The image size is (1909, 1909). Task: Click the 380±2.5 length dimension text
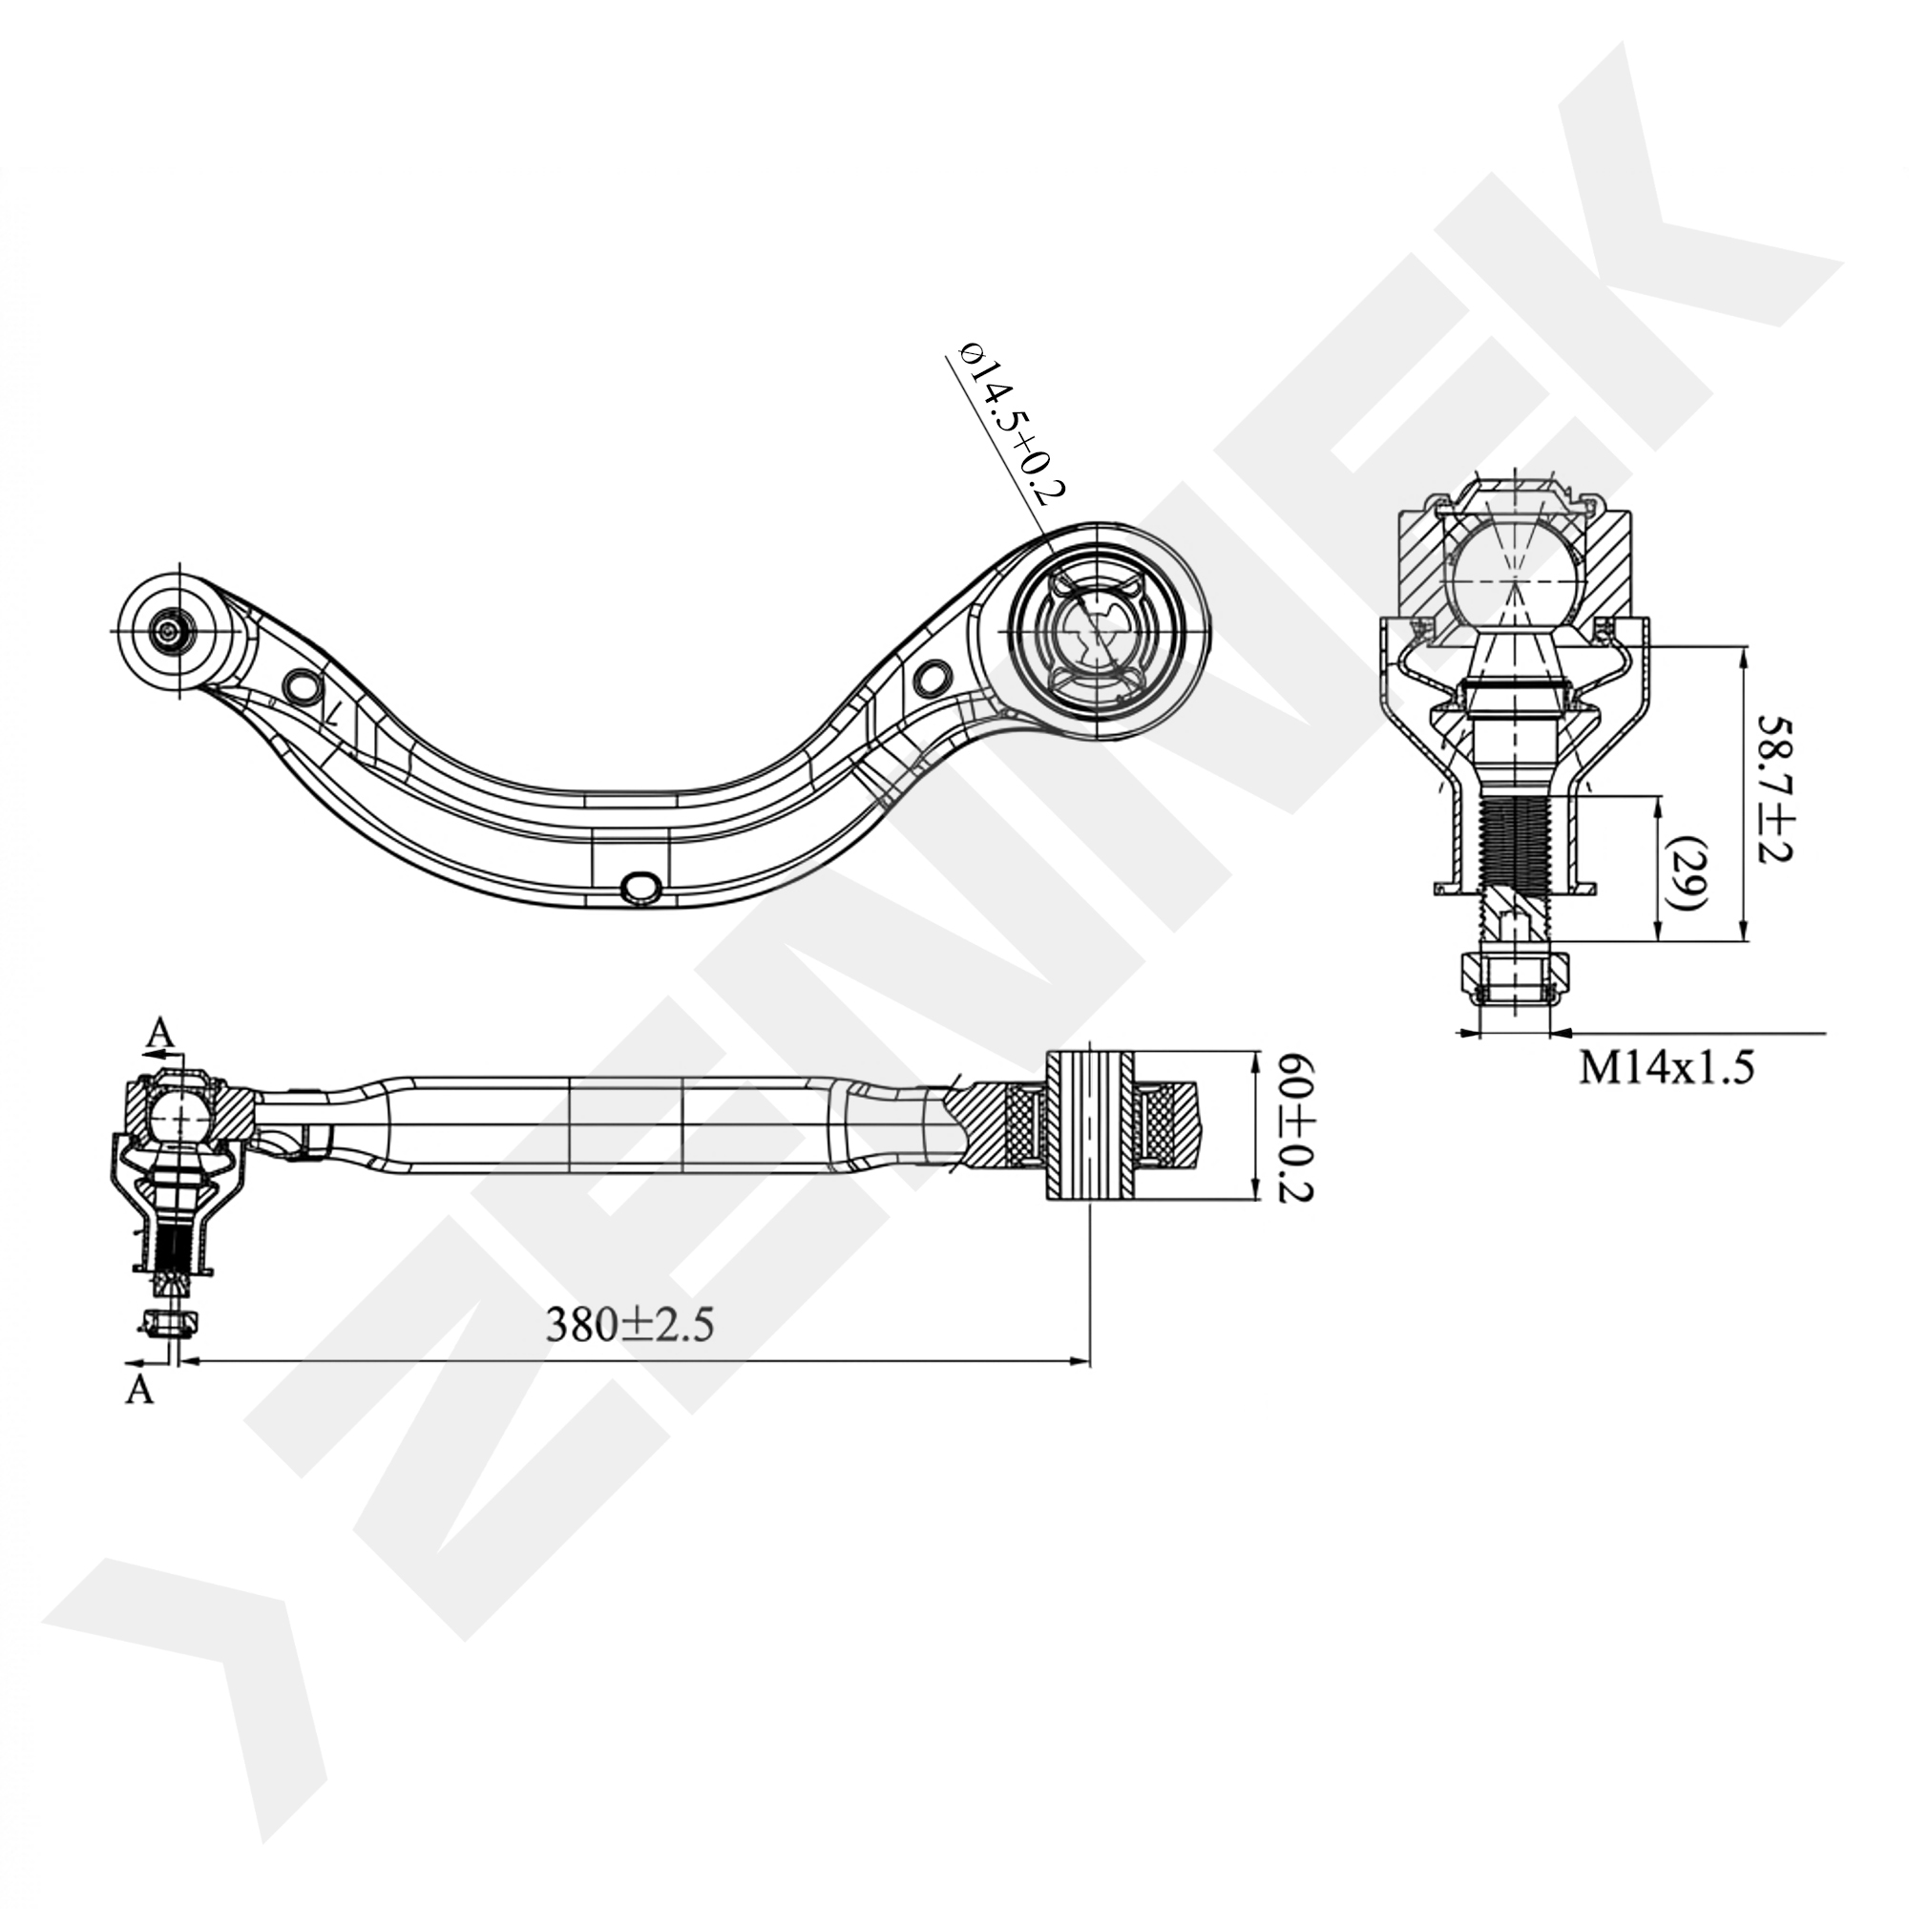629,1325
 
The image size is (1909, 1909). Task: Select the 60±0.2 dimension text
1293,1126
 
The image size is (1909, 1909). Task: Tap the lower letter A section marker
141,1389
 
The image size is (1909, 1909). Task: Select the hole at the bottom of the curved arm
641,887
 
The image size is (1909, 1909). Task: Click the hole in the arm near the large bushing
932,678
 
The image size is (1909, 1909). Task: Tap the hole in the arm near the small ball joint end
301,684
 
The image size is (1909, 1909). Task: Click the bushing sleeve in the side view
1089,1126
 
